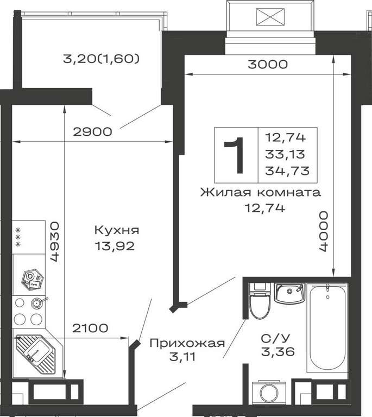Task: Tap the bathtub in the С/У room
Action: point(327,328)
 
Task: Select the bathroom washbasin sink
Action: point(289,293)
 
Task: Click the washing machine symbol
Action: point(269,393)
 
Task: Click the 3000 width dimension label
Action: point(268,65)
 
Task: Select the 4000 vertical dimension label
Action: point(323,231)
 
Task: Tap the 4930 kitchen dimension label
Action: point(54,242)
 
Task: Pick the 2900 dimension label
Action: point(92,131)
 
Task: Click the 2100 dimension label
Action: point(90,328)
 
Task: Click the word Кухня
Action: point(117,230)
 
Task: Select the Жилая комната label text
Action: point(260,192)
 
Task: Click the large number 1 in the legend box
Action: point(235,155)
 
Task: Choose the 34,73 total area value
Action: point(287,170)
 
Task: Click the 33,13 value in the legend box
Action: point(285,154)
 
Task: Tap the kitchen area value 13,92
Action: point(115,247)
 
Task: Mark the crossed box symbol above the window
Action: point(270,17)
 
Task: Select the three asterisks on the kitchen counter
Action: point(18,237)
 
